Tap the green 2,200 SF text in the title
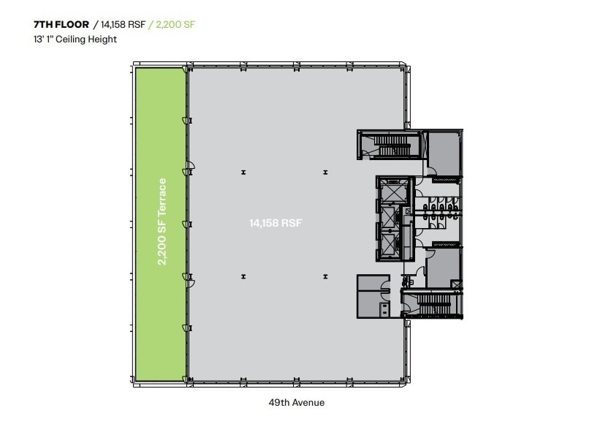(x=174, y=24)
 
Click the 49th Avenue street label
(x=295, y=403)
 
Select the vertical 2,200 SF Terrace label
(x=162, y=222)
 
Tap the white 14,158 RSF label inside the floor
(x=274, y=223)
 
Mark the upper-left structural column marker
(x=243, y=173)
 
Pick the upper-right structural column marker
(x=326, y=173)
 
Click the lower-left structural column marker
(x=243, y=276)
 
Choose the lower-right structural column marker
(x=326, y=276)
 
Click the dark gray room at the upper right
(x=443, y=154)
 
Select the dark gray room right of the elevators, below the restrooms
(x=443, y=268)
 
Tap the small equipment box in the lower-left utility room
(x=384, y=308)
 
